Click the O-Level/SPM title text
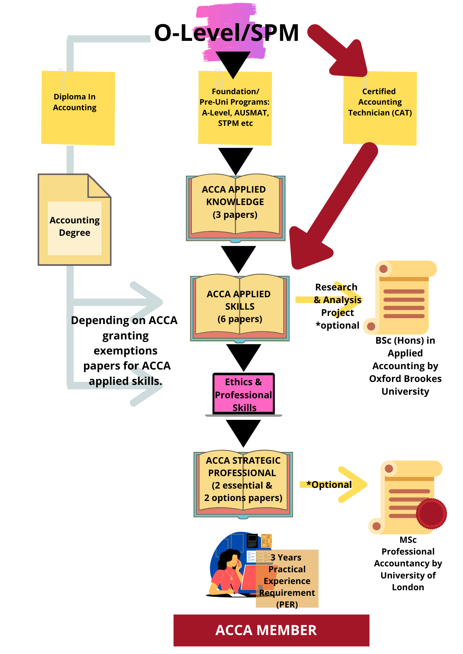click(x=226, y=33)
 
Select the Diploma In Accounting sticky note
click(x=78, y=108)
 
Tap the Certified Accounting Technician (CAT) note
click(x=380, y=108)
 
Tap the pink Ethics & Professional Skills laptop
click(x=244, y=394)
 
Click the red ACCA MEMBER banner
click(x=271, y=630)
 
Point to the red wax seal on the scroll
click(x=431, y=513)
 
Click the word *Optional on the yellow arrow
click(x=329, y=485)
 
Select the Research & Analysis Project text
click(x=337, y=306)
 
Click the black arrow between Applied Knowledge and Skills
click(x=238, y=258)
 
